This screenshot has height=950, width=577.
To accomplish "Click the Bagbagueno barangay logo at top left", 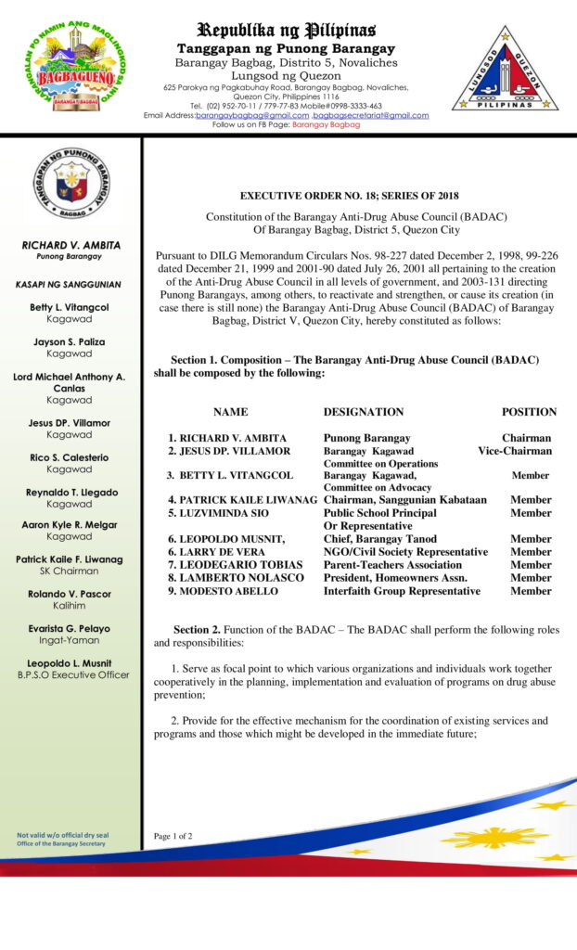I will (80, 66).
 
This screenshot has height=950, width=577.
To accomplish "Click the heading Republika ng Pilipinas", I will (286, 30).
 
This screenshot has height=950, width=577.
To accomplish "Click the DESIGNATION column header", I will (364, 412).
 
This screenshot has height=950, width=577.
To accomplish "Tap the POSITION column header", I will (529, 412).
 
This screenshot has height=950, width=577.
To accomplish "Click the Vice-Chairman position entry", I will (515, 451).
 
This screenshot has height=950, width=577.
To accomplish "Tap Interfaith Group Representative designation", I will (402, 591).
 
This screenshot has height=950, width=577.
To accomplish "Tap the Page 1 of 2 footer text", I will (173, 836).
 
